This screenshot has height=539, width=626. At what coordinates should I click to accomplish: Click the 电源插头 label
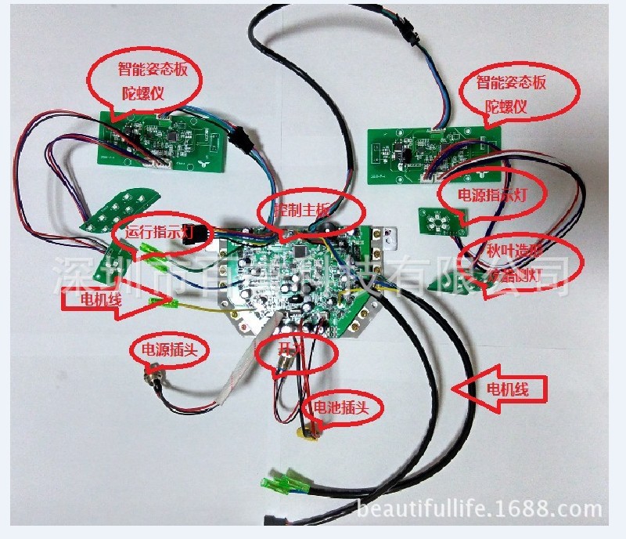[x=169, y=350]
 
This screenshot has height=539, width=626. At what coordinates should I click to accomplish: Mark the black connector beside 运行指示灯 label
[x=198, y=234]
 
